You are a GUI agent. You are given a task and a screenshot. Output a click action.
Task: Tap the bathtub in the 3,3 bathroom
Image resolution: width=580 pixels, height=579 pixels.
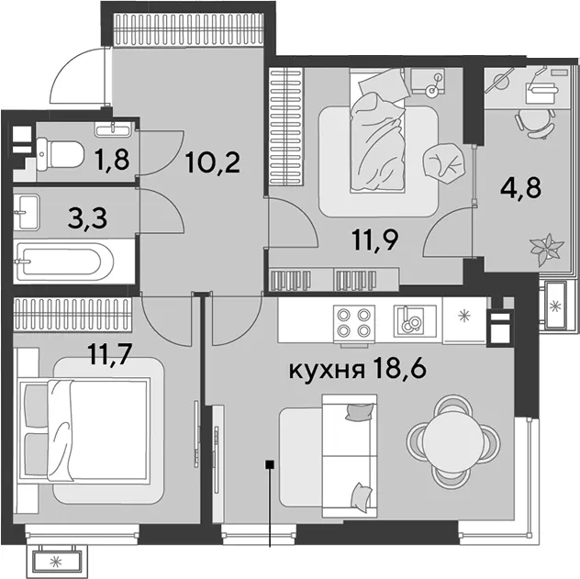(x=64, y=262)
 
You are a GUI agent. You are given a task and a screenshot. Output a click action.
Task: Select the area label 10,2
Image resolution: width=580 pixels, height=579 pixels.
(x=214, y=163)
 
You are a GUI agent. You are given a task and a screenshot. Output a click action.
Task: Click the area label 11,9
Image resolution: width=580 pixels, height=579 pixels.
(x=375, y=241)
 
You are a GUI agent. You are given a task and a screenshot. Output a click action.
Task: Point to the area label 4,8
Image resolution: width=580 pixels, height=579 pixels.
(x=520, y=188)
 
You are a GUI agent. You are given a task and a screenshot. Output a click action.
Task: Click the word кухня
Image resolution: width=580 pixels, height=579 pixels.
(x=326, y=370)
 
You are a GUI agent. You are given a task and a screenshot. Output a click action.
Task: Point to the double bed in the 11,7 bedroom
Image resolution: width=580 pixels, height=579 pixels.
(x=84, y=430)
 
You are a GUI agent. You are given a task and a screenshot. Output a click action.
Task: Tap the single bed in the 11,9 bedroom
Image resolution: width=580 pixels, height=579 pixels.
(x=377, y=130)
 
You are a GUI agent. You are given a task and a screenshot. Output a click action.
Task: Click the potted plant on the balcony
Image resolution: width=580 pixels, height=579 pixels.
(x=547, y=249)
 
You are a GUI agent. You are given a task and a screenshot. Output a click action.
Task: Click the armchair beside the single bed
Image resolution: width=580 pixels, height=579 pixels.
(x=444, y=161)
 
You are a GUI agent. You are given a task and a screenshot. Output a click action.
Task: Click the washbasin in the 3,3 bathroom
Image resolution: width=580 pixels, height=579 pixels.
(x=26, y=212)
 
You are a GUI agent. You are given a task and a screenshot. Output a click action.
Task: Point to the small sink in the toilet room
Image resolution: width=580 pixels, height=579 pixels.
(x=113, y=128)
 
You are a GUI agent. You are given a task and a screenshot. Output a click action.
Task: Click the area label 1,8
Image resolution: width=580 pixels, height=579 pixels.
(x=113, y=160)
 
